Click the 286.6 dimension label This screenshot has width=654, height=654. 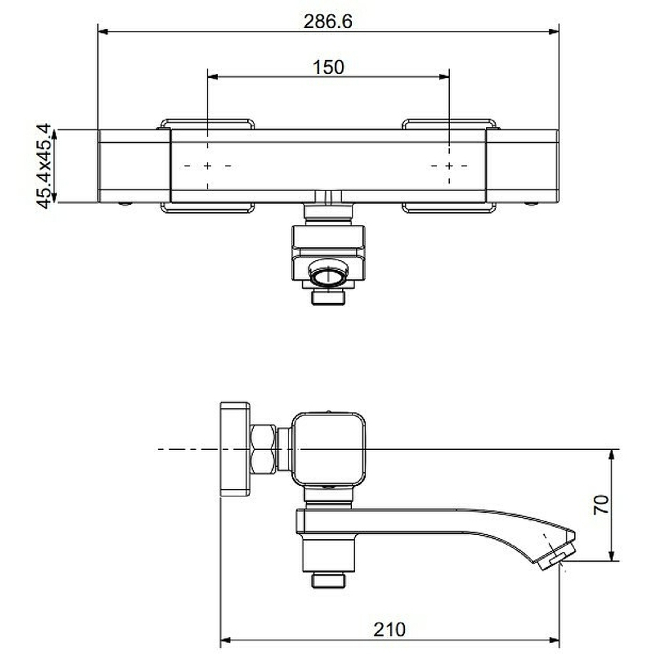pyautogui.click(x=328, y=22)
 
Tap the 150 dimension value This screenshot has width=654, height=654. pyautogui.click(x=328, y=67)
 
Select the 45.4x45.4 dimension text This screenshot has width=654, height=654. pyautogui.click(x=44, y=165)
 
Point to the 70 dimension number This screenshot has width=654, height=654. pyautogui.click(x=601, y=505)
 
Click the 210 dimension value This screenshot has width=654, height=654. pyautogui.click(x=389, y=630)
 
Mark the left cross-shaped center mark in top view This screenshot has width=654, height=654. pyautogui.click(x=207, y=166)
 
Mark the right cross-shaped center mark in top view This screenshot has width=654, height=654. pyautogui.click(x=449, y=166)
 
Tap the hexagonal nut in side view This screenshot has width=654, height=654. pyautogui.click(x=263, y=449)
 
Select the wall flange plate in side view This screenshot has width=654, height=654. pyautogui.click(x=235, y=449)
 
